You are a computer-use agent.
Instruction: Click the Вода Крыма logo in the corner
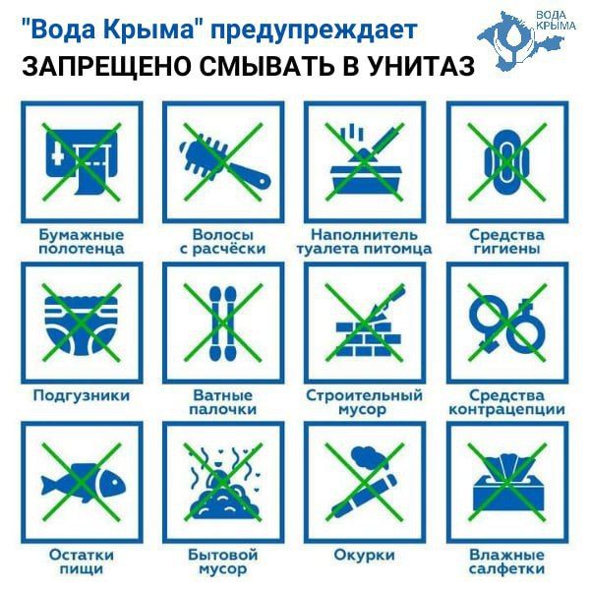click(x=528, y=39)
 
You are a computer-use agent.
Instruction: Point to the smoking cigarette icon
click(x=365, y=483)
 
